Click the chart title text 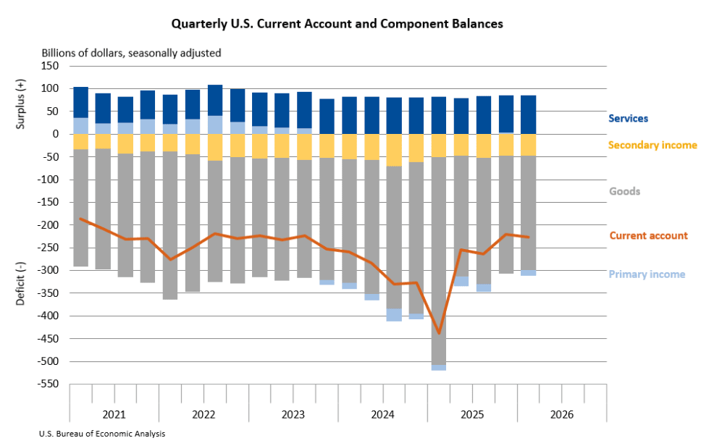click(x=337, y=24)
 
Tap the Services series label click(x=628, y=119)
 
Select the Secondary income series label click(x=653, y=145)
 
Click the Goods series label click(x=624, y=191)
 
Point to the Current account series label click(x=648, y=235)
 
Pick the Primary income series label click(x=647, y=274)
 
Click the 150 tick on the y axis click(x=50, y=66)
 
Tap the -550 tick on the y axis click(x=48, y=384)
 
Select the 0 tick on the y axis click(x=56, y=134)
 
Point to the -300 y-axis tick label click(x=48, y=271)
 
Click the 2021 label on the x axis click(x=114, y=414)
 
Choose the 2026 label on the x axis click(x=561, y=414)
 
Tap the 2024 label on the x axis click(x=382, y=414)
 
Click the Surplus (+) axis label click(x=20, y=104)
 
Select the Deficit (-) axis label click(x=20, y=283)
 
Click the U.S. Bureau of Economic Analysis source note click(x=102, y=434)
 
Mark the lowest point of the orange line click(x=439, y=334)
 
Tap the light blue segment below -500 click(x=439, y=368)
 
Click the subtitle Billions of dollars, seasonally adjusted click(x=132, y=54)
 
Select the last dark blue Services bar click(x=528, y=115)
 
